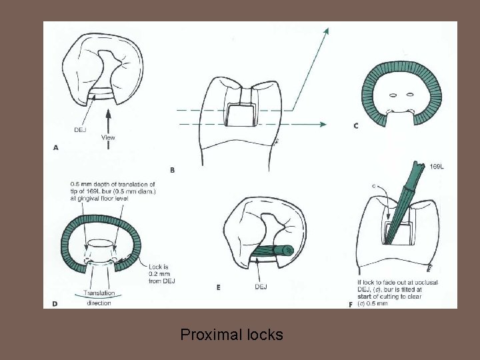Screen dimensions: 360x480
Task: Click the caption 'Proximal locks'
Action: point(231,334)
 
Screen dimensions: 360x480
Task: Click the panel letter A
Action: point(56,149)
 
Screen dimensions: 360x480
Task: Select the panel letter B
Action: point(173,170)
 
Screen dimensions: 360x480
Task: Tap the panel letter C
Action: point(356,125)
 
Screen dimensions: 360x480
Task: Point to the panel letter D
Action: point(55,303)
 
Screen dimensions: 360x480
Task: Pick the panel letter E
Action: point(219,287)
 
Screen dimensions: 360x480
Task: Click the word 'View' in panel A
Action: point(108,138)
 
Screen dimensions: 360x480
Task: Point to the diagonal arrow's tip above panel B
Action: point(327,30)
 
